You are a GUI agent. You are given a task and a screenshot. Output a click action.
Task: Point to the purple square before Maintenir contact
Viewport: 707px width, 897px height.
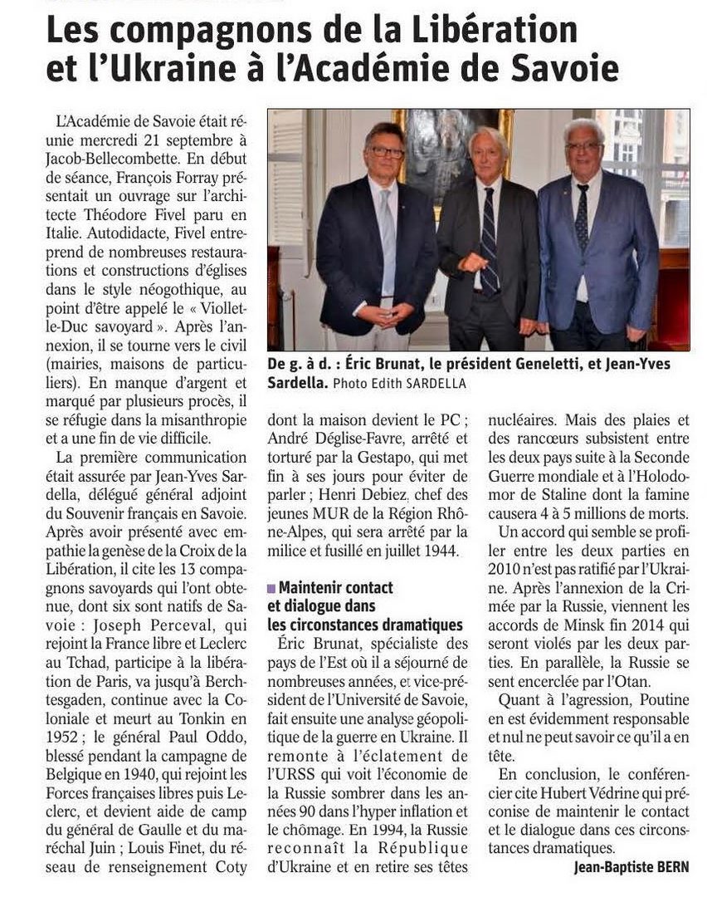pyautogui.click(x=271, y=588)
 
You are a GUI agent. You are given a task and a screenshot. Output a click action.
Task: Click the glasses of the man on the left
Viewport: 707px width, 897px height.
pyautogui.click(x=388, y=152)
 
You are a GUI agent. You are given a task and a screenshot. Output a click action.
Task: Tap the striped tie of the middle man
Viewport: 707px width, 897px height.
pyautogui.click(x=490, y=241)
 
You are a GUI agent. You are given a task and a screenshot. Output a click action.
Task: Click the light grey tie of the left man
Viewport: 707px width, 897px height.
pyautogui.click(x=388, y=241)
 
